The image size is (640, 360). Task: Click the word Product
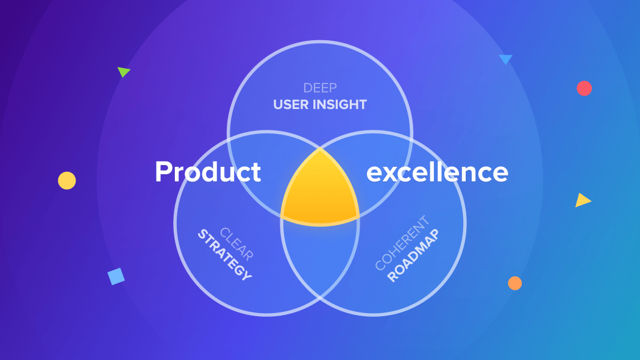[208, 172]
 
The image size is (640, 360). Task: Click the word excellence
[437, 172]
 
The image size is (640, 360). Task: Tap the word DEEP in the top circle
[320, 88]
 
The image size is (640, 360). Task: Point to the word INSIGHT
[340, 104]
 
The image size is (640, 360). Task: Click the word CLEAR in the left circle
[236, 244]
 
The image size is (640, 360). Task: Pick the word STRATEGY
[224, 255]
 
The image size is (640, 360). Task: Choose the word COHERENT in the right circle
[402, 243]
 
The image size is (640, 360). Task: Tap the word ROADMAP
[413, 256]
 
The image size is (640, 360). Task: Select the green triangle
[123, 72]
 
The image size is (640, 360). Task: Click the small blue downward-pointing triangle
[506, 59]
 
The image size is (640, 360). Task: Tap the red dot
[584, 88]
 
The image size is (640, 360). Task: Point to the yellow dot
[67, 181]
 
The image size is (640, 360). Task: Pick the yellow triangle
[582, 200]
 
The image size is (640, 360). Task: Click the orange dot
[514, 283]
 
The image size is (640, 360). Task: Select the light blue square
[116, 277]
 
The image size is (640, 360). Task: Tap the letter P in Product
[164, 172]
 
